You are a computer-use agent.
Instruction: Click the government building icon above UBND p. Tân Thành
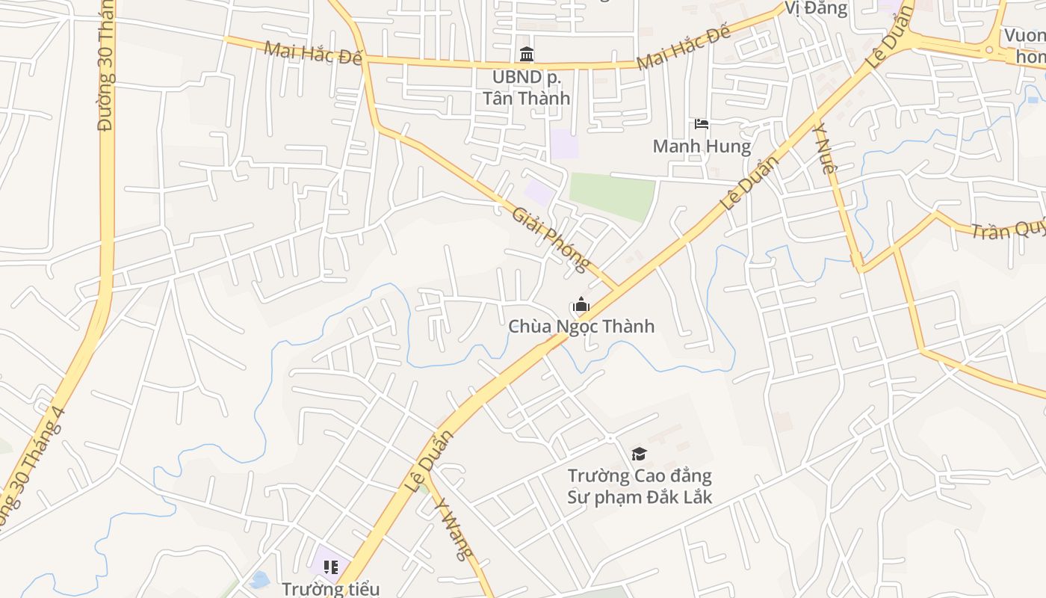tap(527, 55)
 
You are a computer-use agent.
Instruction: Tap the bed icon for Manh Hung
tap(701, 123)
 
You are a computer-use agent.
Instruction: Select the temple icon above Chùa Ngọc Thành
tap(581, 305)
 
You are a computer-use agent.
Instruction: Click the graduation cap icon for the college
tap(639, 454)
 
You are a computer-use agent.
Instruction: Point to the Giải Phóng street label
tap(551, 239)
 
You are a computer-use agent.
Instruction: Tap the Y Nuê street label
tap(823, 149)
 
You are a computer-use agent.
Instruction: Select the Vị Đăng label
tap(816, 8)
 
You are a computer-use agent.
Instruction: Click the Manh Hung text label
tap(702, 146)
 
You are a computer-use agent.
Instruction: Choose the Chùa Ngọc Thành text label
tap(581, 327)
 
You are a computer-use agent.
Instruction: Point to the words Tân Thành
tap(526, 98)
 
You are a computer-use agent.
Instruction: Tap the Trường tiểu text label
tap(331, 589)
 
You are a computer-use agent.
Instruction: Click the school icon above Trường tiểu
tap(331, 567)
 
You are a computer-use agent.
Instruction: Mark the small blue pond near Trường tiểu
tap(260, 579)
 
